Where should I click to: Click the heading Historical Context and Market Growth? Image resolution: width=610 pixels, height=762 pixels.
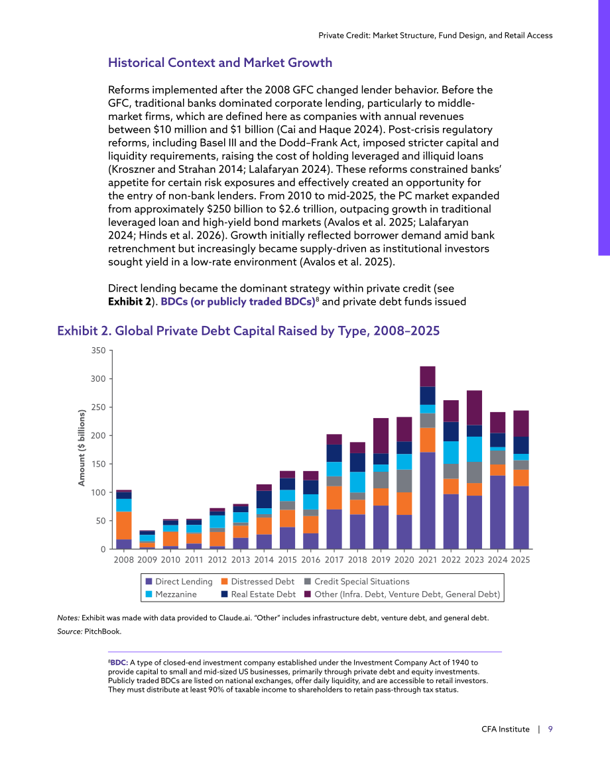pyautogui.click(x=220, y=63)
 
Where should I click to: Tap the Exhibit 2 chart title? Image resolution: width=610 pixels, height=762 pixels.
pyautogui.click(x=249, y=331)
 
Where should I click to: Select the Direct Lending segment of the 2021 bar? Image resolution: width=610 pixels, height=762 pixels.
pyautogui.click(x=428, y=500)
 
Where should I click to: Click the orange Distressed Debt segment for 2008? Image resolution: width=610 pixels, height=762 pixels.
pyautogui.click(x=123, y=525)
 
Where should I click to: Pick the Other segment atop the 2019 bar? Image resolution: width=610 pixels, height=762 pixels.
pyautogui.click(x=381, y=436)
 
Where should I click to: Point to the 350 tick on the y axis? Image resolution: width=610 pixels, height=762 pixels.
pyautogui.click(x=98, y=351)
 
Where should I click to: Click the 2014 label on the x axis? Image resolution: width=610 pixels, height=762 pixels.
pyautogui.click(x=264, y=560)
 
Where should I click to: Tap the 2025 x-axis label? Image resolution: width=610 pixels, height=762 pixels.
pyautogui.click(x=520, y=560)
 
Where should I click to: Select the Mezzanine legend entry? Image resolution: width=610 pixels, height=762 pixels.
pyautogui.click(x=171, y=594)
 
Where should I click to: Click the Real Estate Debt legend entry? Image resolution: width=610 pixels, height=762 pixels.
pyautogui.click(x=259, y=594)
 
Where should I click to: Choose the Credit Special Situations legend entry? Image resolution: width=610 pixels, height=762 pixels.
pyautogui.click(x=357, y=582)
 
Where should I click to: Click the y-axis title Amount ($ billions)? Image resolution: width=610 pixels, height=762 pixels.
pyautogui.click(x=82, y=447)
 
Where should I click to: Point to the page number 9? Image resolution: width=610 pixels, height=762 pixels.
pyautogui.click(x=550, y=729)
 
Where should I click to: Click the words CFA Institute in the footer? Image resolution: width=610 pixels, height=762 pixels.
pyautogui.click(x=505, y=729)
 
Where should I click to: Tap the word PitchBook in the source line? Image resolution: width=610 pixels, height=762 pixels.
pyautogui.click(x=103, y=631)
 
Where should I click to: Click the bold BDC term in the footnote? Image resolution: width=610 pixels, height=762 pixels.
pyautogui.click(x=119, y=663)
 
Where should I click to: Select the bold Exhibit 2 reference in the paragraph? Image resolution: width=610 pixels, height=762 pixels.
pyautogui.click(x=129, y=301)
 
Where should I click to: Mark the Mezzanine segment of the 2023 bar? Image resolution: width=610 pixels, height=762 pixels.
pyautogui.click(x=474, y=449)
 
